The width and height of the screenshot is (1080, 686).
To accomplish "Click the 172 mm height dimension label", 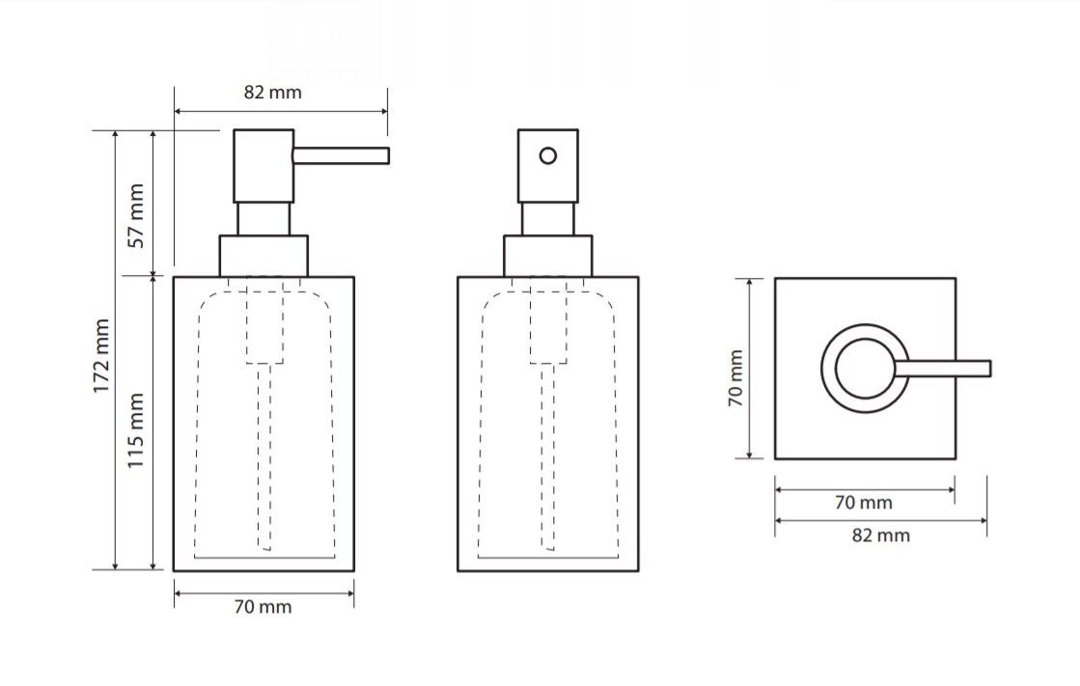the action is [x=102, y=356].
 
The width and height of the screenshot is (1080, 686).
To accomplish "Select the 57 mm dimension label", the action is [x=137, y=215].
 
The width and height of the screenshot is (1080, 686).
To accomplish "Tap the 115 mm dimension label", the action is [x=136, y=430].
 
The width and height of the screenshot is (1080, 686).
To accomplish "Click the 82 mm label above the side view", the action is [x=273, y=93].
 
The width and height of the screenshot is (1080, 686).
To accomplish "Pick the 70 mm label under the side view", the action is [x=263, y=607].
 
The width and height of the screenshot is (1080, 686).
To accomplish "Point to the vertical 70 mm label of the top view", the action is [x=736, y=378].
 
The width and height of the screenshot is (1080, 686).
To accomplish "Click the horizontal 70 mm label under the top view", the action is [x=863, y=503].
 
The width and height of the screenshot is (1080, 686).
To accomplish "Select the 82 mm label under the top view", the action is [x=881, y=535].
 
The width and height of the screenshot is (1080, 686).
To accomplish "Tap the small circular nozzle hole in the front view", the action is [x=548, y=156].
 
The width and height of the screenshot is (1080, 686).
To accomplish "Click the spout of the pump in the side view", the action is [x=341, y=155].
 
